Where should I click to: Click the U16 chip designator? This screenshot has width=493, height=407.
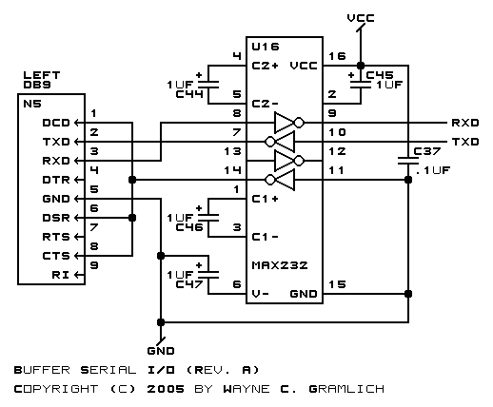[x=266, y=47]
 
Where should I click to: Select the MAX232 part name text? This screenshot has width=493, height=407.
[x=280, y=265]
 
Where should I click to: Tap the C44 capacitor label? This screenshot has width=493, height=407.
[x=189, y=94]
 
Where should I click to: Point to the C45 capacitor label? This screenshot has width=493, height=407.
[x=380, y=75]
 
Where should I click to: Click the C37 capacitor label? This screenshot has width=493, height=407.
[x=427, y=151]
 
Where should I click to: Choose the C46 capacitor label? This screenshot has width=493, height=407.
[x=189, y=227]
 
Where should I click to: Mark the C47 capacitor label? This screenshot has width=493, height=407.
[x=189, y=284]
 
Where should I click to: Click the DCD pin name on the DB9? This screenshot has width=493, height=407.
[x=56, y=123]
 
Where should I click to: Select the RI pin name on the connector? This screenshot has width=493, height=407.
[x=61, y=275]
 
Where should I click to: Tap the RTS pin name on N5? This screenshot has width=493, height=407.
[x=56, y=237]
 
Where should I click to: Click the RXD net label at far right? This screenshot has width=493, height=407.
[x=465, y=123]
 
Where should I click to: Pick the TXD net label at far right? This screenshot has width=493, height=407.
[x=465, y=142]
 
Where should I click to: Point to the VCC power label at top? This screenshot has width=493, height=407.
[x=361, y=18]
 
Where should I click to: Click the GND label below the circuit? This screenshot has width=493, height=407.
[x=161, y=351]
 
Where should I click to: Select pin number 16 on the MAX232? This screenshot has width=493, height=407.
[x=337, y=56]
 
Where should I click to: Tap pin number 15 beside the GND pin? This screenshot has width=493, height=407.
[x=337, y=284]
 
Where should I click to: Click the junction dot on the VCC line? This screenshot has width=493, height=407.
[x=361, y=66]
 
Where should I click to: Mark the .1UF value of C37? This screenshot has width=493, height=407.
[x=433, y=170]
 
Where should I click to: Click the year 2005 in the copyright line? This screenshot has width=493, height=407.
[x=166, y=389]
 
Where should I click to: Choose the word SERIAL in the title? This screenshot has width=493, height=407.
[x=108, y=370]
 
